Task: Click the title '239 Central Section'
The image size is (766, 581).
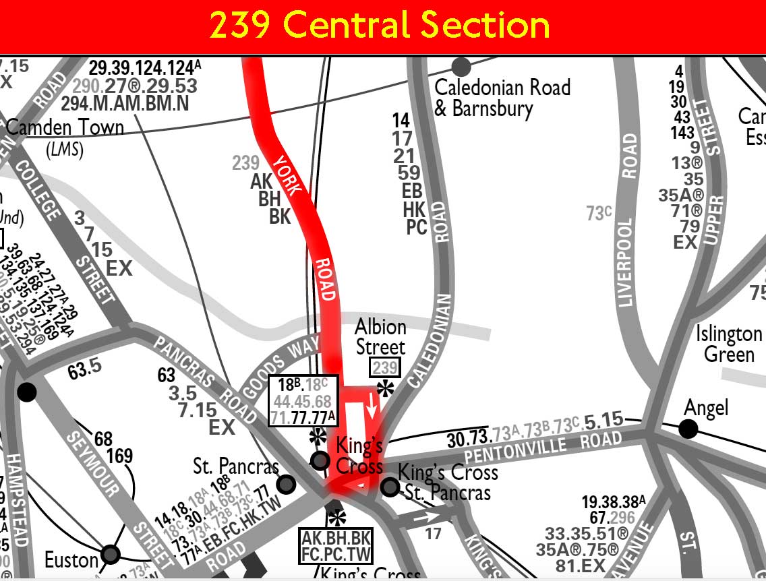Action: point(379,26)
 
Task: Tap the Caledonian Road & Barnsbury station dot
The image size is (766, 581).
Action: point(461,67)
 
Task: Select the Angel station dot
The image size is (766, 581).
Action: point(688,429)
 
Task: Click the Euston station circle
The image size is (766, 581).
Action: point(111,555)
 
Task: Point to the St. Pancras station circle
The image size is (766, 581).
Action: point(287,484)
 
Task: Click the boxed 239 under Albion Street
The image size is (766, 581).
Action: point(385,368)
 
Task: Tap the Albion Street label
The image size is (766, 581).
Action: point(381,337)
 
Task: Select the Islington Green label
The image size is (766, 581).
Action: point(728,344)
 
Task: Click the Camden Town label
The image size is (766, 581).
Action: point(65,127)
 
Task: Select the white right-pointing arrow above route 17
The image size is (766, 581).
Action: point(425,518)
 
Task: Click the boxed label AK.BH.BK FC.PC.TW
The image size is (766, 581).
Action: point(336,546)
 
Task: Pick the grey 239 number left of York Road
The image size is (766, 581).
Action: point(245,162)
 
